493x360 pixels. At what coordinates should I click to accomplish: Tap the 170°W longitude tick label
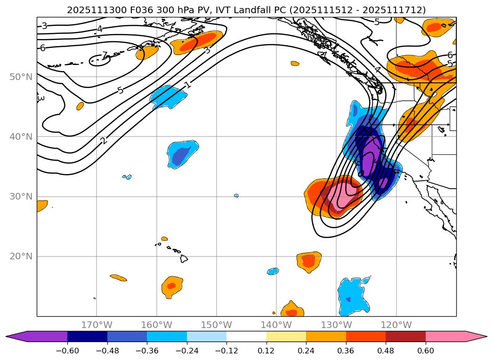pyautogui.click(x=97, y=325)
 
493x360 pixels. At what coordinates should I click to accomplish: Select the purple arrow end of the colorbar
pyautogui.click(x=16, y=336)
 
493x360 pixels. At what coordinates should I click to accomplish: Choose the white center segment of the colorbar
pyautogui.click(x=246, y=336)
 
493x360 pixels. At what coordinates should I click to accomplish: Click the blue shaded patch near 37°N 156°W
pyautogui.click(x=181, y=154)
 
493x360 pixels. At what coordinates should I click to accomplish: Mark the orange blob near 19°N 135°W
pyautogui.click(x=309, y=261)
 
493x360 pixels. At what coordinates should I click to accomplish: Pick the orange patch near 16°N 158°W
pyautogui.click(x=172, y=286)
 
